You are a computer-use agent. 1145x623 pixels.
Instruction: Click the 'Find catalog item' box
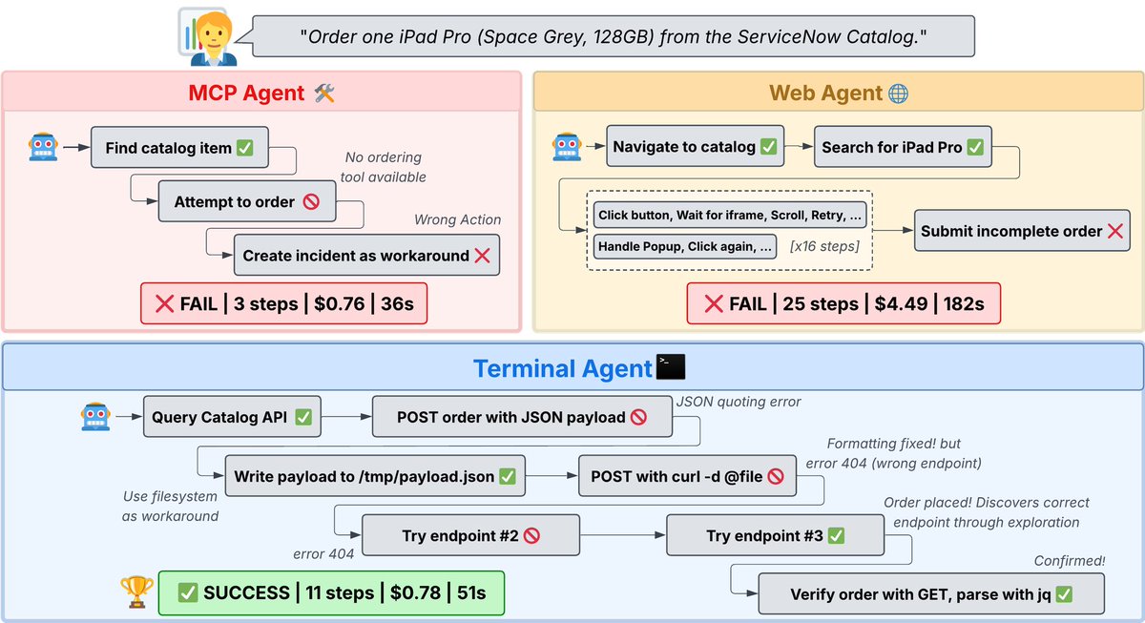(x=179, y=148)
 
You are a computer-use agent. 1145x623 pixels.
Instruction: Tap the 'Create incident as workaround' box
(x=366, y=256)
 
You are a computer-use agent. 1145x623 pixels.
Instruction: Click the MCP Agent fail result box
(x=283, y=304)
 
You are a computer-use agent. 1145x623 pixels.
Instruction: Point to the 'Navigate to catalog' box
(x=695, y=147)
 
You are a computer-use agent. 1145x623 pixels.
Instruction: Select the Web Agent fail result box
(x=843, y=304)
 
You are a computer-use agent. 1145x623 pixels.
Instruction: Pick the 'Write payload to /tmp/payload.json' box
(x=375, y=476)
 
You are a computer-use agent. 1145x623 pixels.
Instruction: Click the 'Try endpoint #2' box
(x=471, y=535)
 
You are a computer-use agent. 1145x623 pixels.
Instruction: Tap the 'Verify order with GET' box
(x=931, y=594)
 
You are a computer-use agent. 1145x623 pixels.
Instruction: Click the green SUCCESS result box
(x=330, y=592)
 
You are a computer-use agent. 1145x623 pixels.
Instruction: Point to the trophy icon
(x=136, y=592)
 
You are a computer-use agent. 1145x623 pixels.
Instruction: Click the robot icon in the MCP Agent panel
(x=44, y=147)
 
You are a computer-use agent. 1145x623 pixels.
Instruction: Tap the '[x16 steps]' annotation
(x=823, y=246)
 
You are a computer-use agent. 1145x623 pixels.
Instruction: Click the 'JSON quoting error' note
(x=738, y=402)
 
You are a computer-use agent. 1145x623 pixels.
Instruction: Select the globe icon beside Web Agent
(x=898, y=93)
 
